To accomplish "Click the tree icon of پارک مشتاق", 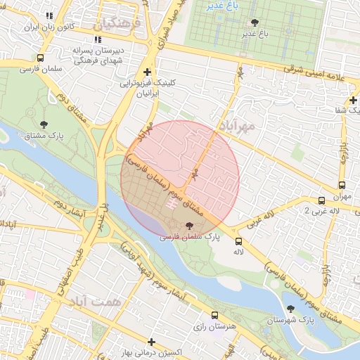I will [x=44, y=124].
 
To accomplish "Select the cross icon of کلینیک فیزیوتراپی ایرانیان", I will [x=146, y=72].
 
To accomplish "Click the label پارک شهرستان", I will [x=288, y=321].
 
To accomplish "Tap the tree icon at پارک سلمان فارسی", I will [x=188, y=226].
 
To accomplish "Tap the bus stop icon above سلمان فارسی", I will [x=40, y=58].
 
